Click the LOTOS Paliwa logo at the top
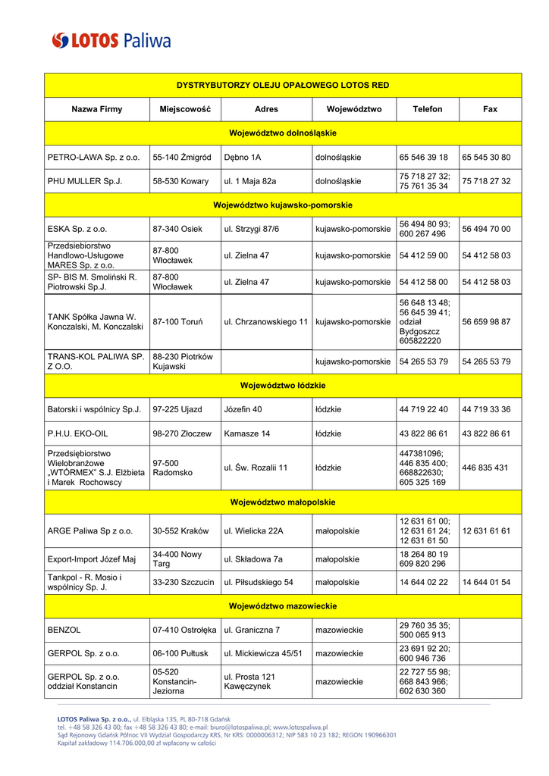(111, 39)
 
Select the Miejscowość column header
(185, 109)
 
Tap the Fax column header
(490, 109)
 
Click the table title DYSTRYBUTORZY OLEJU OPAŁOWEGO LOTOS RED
(283, 85)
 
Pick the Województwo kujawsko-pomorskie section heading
(283, 205)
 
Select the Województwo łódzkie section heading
(283, 386)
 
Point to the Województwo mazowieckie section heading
(283, 606)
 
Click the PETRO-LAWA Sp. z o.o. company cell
(94, 158)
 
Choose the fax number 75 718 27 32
(486, 181)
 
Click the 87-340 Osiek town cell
(177, 229)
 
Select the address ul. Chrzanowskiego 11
(265, 322)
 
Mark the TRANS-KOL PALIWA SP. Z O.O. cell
(96, 361)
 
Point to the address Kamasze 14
(247, 434)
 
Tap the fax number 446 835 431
(485, 468)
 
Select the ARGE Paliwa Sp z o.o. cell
(90, 531)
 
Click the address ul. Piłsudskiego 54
(259, 583)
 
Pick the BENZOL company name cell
(64, 630)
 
